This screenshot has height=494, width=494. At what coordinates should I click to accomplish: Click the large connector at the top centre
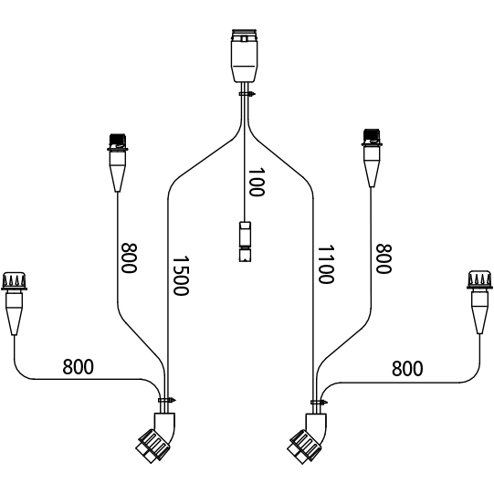pyautogui.click(x=244, y=56)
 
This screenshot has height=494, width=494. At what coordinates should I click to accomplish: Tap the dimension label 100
pyautogui.click(x=257, y=182)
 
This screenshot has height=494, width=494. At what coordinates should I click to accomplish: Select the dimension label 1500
pyautogui.click(x=181, y=276)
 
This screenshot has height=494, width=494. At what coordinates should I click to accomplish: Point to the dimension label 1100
pyautogui.click(x=326, y=265)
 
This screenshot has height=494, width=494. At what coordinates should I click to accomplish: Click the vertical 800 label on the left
pyautogui.click(x=129, y=258)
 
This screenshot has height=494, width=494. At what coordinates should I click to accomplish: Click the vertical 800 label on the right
pyautogui.click(x=384, y=258)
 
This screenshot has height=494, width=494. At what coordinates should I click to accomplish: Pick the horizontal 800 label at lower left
pyautogui.click(x=79, y=367)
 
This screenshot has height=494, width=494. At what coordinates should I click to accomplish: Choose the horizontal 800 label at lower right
pyautogui.click(x=407, y=369)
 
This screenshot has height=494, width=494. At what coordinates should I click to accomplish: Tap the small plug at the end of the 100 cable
pyautogui.click(x=245, y=242)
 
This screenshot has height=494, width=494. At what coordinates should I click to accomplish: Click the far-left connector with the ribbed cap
pyautogui.click(x=14, y=303)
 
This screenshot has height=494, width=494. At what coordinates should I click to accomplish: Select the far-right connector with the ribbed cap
pyautogui.click(x=479, y=301)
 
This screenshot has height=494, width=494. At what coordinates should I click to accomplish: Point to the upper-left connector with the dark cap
pyautogui.click(x=118, y=163)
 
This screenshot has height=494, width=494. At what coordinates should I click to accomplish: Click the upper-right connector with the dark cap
pyautogui.click(x=372, y=158)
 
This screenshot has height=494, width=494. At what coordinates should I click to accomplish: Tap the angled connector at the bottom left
pyautogui.click(x=156, y=437)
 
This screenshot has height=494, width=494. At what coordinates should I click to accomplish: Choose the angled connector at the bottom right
pyautogui.click(x=308, y=438)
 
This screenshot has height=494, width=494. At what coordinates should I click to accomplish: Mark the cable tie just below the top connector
pyautogui.click(x=247, y=93)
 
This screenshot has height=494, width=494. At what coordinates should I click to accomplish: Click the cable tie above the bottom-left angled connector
pyautogui.click(x=167, y=400)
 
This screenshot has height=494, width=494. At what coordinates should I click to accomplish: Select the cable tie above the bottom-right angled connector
pyautogui.click(x=319, y=402)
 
